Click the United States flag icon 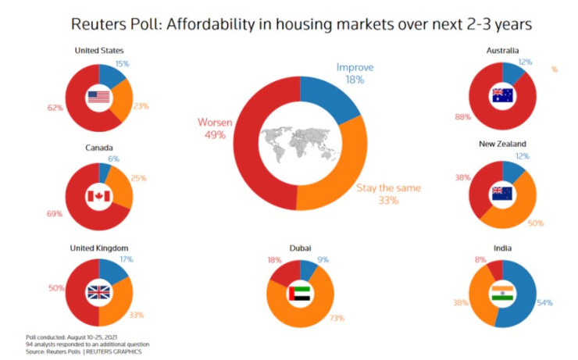pyautogui.click(x=99, y=97)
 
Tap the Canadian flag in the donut pyautogui.click(x=99, y=194)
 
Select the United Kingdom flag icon pyautogui.click(x=99, y=293)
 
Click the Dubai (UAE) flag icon pyautogui.click(x=300, y=294)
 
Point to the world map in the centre pyautogui.click(x=300, y=144)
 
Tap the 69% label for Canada pyautogui.click(x=54, y=212)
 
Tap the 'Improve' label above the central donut pyautogui.click(x=355, y=67)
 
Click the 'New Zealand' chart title pyautogui.click(x=502, y=144)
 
